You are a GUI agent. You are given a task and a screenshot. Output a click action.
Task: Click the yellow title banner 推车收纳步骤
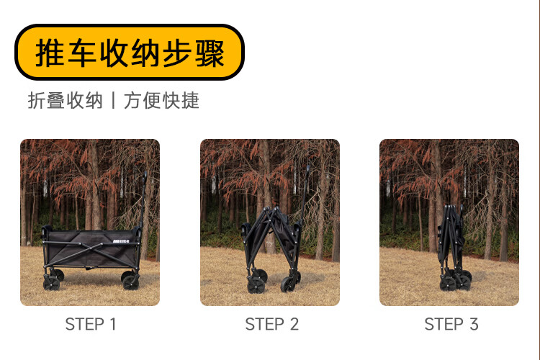(x=130, y=53)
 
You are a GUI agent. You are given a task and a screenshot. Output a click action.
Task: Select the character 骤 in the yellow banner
(x=210, y=53)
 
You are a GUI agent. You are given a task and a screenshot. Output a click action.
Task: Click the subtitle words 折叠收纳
(x=65, y=101)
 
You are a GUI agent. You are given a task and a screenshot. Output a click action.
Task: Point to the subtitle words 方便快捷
(x=161, y=101)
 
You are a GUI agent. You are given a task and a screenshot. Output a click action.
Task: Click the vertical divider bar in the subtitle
(x=113, y=101)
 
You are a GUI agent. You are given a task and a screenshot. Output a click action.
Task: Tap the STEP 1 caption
(x=91, y=324)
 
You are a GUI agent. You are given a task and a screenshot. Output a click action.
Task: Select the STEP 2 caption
(x=271, y=324)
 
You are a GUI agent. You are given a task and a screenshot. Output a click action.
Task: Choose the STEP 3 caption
(x=451, y=324)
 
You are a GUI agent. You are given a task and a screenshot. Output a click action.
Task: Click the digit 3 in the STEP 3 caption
(x=474, y=324)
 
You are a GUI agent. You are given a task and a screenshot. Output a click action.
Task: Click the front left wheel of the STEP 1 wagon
(x=51, y=283)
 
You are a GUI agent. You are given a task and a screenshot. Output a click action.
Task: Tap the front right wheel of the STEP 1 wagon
(x=130, y=282)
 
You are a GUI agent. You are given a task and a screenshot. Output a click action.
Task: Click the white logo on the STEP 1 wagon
(x=121, y=241)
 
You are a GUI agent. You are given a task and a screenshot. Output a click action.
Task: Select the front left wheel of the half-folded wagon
(x=256, y=285)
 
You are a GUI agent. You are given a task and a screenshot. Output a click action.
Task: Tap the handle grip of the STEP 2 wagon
(x=307, y=171)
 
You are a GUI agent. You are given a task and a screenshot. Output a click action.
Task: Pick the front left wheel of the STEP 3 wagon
(x=448, y=284)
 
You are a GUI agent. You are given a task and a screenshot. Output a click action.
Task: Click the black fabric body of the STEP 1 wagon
(x=91, y=248)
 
